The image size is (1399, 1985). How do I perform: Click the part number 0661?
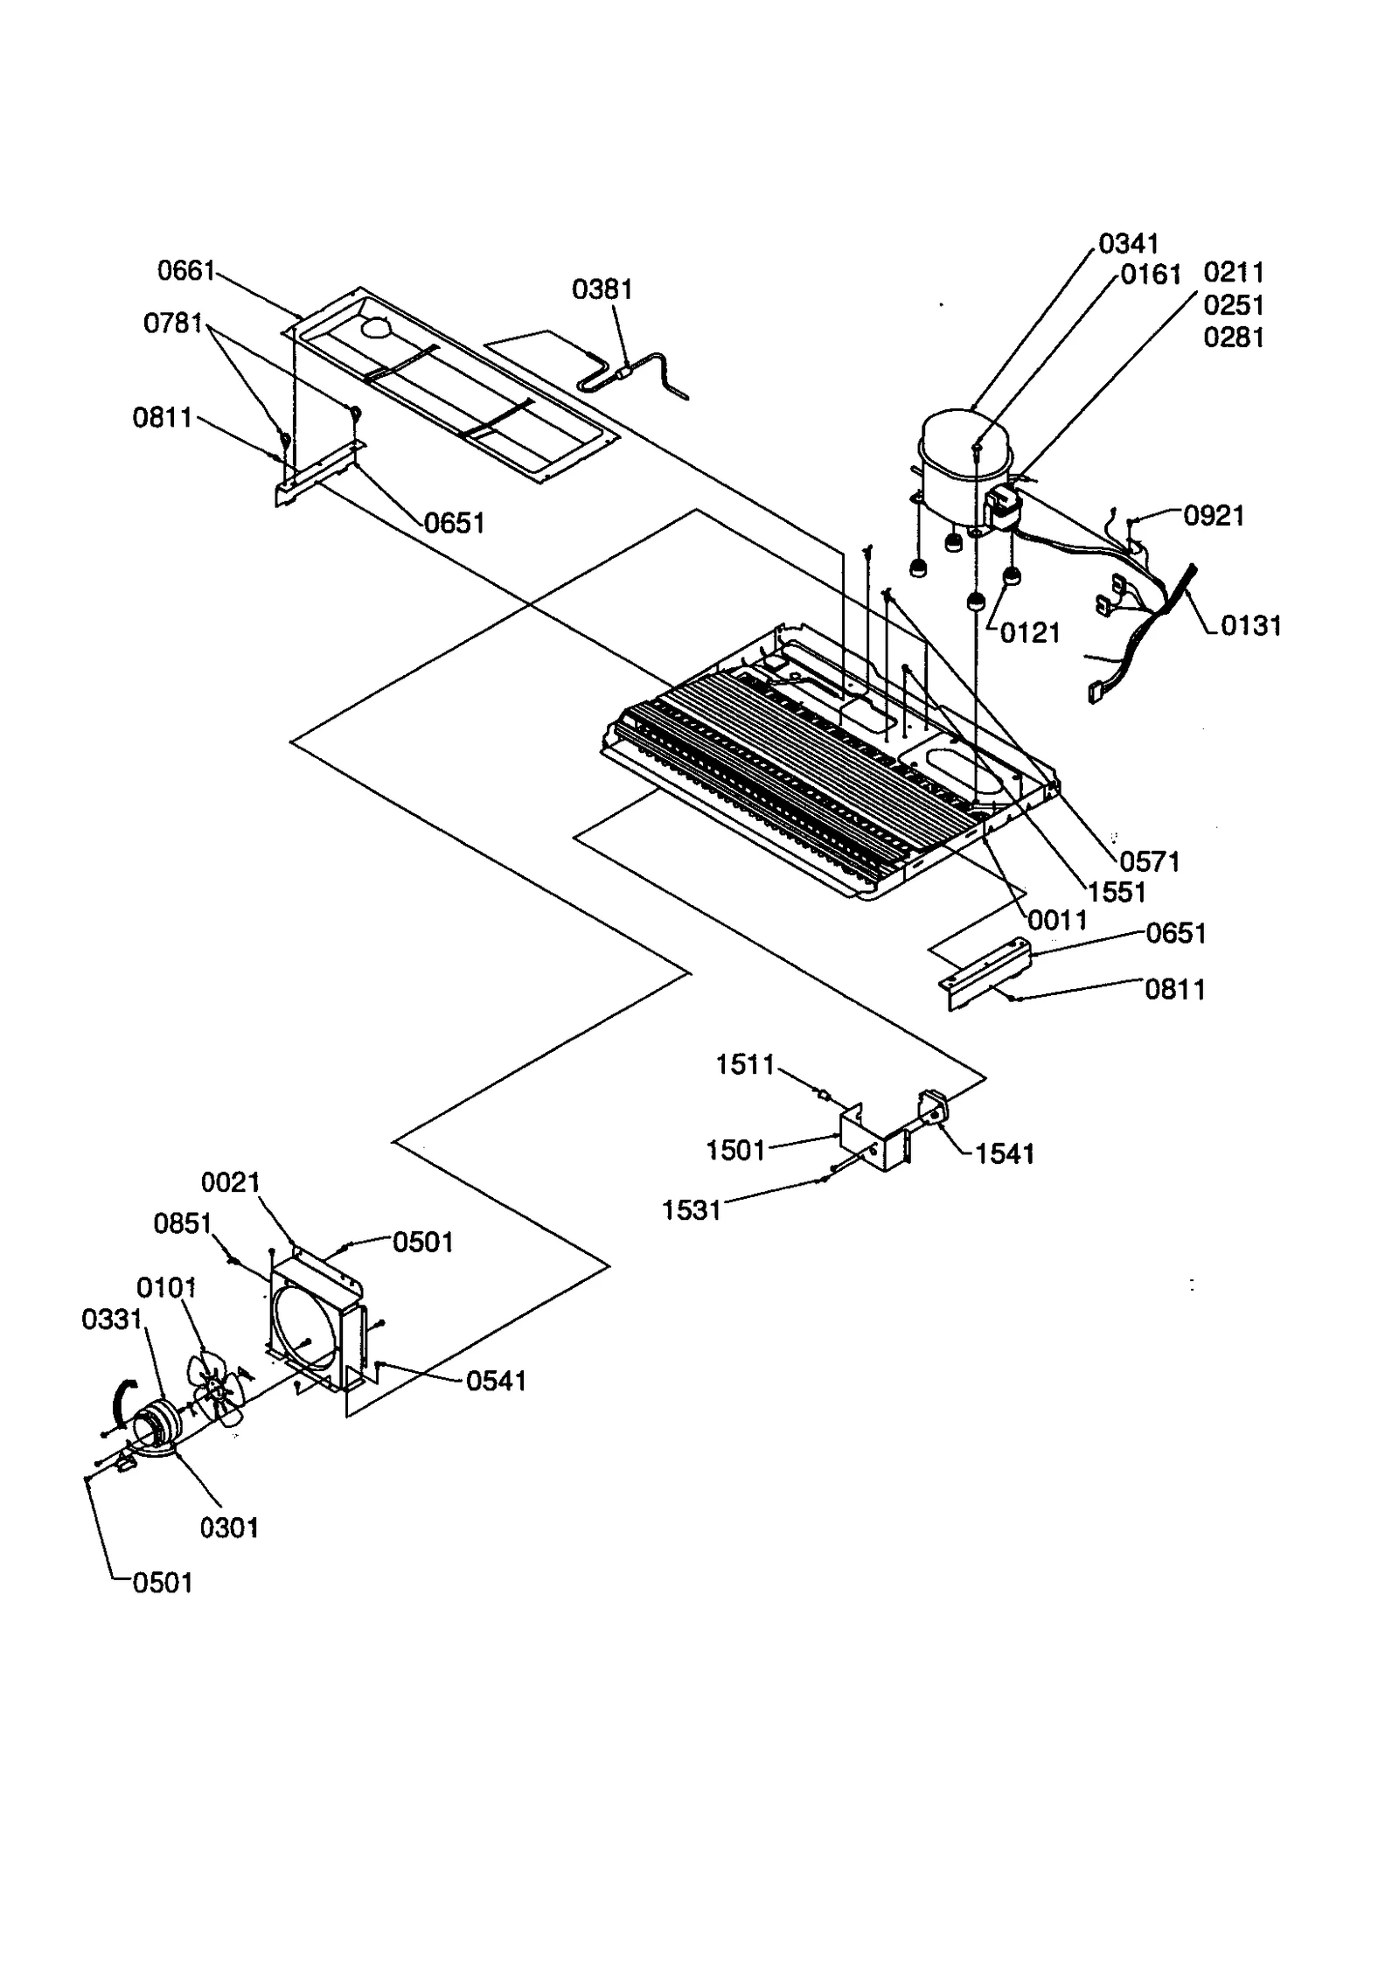pyautogui.click(x=185, y=271)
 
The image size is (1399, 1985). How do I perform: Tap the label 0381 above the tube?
pyautogui.click(x=602, y=289)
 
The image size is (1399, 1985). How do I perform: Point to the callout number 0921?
pyautogui.click(x=1214, y=516)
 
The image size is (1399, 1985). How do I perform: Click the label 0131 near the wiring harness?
pyautogui.click(x=1250, y=626)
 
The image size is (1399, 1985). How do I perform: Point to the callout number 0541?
pyautogui.click(x=496, y=1382)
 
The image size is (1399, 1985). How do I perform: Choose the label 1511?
pyautogui.click(x=745, y=1065)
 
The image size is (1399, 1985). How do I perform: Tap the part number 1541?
pyautogui.click(x=1005, y=1154)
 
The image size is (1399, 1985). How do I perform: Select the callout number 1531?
pyautogui.click(x=691, y=1210)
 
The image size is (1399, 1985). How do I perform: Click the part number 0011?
pyautogui.click(x=1057, y=920)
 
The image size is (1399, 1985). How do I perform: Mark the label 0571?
pyautogui.click(x=1150, y=862)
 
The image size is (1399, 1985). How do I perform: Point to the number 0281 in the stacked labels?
pyautogui.click(x=1234, y=338)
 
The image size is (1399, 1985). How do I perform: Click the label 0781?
pyautogui.click(x=173, y=324)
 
